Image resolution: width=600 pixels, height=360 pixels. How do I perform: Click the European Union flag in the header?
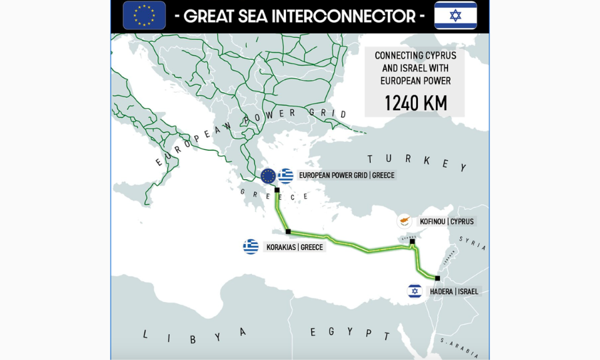click(x=144, y=15)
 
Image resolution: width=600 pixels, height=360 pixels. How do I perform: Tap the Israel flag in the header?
click(x=455, y=15)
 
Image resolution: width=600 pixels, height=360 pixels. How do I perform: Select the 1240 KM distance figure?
click(x=415, y=103)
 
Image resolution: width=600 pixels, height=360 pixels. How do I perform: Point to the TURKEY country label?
click(x=417, y=161)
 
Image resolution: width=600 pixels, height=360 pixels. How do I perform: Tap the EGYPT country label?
click(x=349, y=332)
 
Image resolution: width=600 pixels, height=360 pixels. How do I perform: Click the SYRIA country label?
click(x=473, y=244)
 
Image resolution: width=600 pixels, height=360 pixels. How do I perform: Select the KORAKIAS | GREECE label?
click(x=295, y=247)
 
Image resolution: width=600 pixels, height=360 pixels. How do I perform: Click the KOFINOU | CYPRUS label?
click(x=447, y=221)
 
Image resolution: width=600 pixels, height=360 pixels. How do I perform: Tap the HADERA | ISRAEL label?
click(x=454, y=291)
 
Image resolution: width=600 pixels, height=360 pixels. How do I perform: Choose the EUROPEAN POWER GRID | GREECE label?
click(x=347, y=175)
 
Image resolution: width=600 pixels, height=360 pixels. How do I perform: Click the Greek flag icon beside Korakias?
click(x=251, y=247)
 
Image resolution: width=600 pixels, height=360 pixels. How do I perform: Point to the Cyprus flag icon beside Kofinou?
click(x=404, y=221)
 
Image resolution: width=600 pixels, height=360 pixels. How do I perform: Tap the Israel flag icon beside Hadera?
click(x=415, y=291)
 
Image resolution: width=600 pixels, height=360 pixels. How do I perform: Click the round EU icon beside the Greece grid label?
click(x=268, y=176)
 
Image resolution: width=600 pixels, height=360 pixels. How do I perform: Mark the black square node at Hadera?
click(x=437, y=278)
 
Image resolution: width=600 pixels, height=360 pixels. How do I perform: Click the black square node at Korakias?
click(x=288, y=232)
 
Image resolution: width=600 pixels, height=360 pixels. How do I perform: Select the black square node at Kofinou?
click(x=413, y=241)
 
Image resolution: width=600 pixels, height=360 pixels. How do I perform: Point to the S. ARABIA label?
click(x=459, y=346)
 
